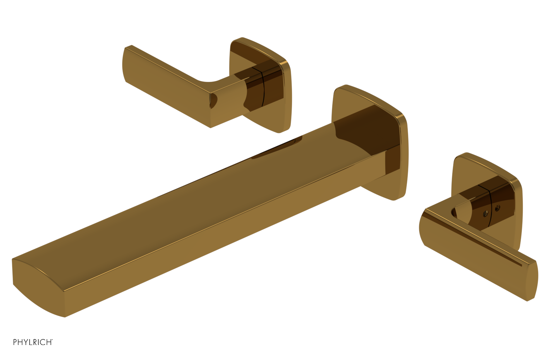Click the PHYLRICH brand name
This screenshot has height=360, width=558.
click(x=33, y=342)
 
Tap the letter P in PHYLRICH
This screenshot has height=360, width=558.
click(x=15, y=342)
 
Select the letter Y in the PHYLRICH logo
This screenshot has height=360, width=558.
click(x=26, y=342)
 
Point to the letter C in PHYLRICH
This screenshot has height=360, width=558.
click(x=43, y=342)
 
